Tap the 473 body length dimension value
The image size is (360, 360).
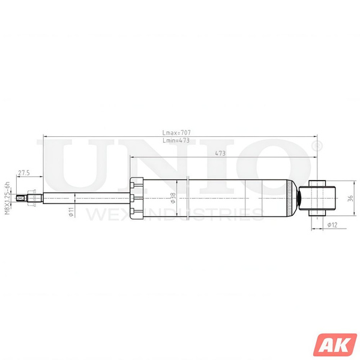coord(220,154)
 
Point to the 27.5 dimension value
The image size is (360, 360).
coord(24,173)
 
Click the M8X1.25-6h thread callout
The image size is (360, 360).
coord(8,197)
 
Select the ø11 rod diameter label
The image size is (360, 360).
coord(70,211)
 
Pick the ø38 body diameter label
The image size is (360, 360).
coord(173,198)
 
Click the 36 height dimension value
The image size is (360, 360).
coord(351,197)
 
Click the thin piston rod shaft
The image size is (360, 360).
coord(84,197)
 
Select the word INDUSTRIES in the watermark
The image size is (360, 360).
coord(198,214)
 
